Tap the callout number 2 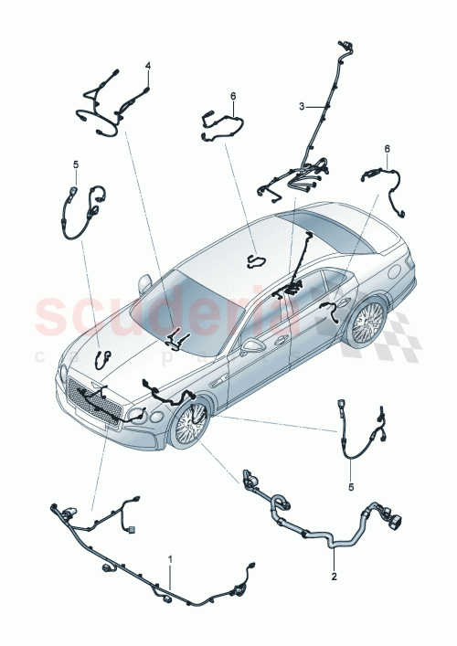tap(334, 577)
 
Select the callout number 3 tap(301, 107)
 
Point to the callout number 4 tap(148, 66)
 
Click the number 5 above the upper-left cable tap(76, 164)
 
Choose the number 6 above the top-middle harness tap(233, 95)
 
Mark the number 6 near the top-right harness tap(387, 149)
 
